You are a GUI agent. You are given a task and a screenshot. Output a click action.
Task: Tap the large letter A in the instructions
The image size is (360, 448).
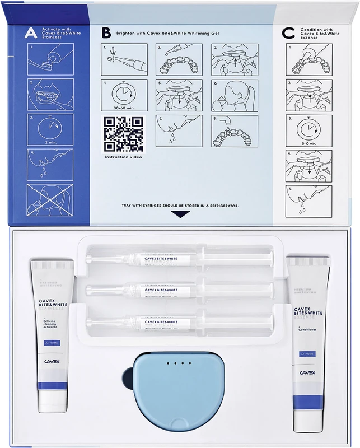point(29,34)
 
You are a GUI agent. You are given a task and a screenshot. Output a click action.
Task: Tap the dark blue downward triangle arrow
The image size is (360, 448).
point(179,214)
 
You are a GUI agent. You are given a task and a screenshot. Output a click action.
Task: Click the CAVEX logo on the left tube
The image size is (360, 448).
point(51,362)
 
